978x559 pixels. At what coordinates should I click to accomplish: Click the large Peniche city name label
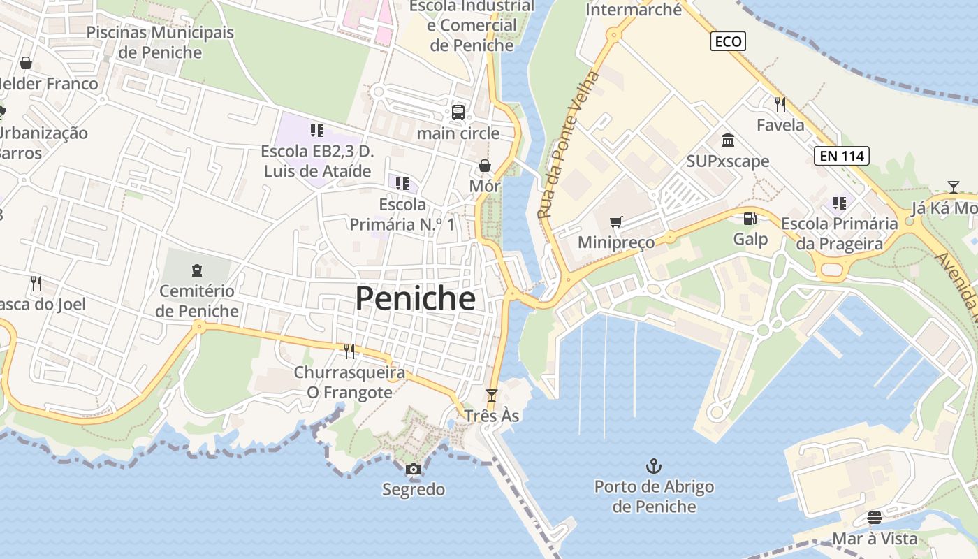tap(415, 298)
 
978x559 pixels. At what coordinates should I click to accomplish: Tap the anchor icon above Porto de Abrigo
tap(654, 465)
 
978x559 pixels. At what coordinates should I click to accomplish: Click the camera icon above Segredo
tap(414, 469)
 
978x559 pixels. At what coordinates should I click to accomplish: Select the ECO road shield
tap(728, 41)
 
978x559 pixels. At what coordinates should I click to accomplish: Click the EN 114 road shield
tap(842, 156)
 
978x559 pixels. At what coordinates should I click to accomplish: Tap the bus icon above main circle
tap(458, 112)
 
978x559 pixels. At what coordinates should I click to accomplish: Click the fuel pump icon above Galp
tap(750, 219)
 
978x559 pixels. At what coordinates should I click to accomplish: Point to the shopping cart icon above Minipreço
tap(615, 222)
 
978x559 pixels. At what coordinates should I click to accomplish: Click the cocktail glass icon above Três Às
tap(492, 395)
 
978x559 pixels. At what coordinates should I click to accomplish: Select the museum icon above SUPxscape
tap(728, 140)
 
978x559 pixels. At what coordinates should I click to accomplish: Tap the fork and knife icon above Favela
tap(780, 105)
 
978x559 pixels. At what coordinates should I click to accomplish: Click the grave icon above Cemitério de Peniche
tap(196, 270)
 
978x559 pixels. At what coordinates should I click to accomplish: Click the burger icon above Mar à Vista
tap(875, 518)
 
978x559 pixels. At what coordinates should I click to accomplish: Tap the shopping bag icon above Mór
tap(484, 166)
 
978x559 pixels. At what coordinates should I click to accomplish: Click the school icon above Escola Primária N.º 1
tap(402, 184)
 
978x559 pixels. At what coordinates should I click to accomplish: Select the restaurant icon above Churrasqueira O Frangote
tap(349, 351)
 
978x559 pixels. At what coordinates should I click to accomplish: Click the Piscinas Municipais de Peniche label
tap(160, 42)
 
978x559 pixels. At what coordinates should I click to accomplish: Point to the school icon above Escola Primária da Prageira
tap(839, 203)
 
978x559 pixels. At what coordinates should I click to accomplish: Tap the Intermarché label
tap(633, 10)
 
